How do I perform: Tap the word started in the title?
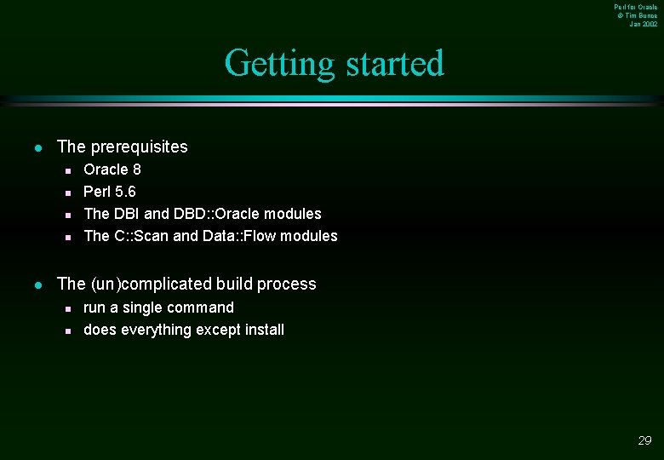click(395, 64)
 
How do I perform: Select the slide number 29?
click(644, 440)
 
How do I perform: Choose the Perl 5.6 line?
click(109, 192)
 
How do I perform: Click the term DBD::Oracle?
click(224, 214)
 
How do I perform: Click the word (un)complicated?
click(151, 284)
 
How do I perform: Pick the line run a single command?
click(158, 308)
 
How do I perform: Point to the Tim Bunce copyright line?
click(637, 15)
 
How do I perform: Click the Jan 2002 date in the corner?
click(643, 24)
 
